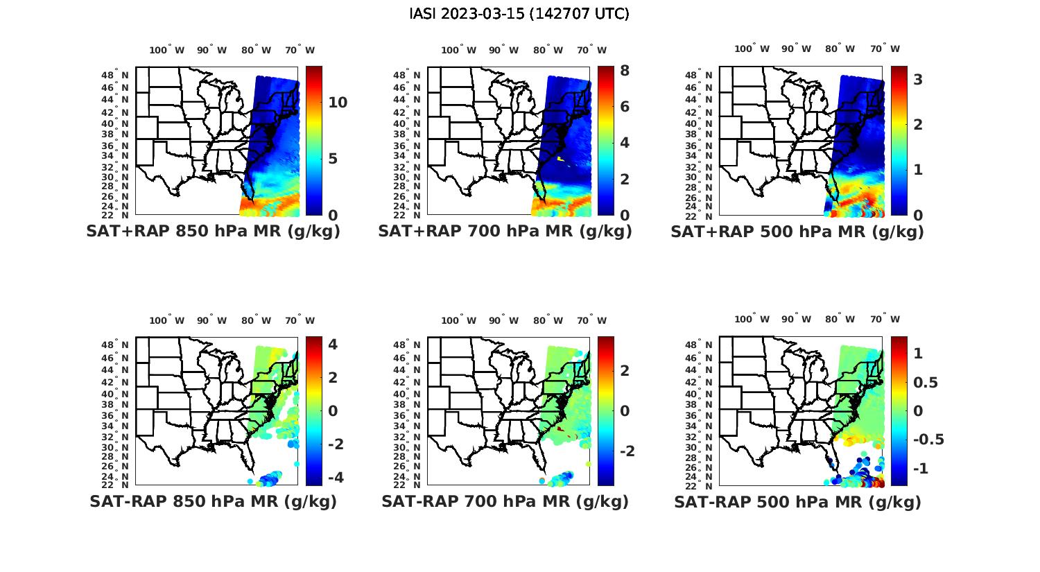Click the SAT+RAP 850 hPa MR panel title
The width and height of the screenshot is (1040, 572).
point(213,232)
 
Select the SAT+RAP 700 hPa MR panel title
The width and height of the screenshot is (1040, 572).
point(505,232)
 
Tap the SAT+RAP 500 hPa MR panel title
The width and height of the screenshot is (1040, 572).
point(797,232)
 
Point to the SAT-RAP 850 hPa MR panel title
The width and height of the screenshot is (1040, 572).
point(213,501)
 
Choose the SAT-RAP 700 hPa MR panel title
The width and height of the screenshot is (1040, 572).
point(505,501)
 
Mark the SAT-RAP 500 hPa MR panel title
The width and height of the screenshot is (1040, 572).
point(797,502)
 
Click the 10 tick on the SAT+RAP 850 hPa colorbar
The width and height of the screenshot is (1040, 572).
point(338,103)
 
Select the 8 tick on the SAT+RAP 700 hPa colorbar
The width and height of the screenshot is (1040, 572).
point(625,71)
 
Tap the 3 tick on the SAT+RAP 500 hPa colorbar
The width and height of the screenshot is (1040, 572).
point(918,80)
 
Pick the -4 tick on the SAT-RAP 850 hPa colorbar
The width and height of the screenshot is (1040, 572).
point(335,477)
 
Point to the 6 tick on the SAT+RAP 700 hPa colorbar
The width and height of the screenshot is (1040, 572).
point(625,107)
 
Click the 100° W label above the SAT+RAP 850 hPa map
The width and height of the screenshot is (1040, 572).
point(167,50)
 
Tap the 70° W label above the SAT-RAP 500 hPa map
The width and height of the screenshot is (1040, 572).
point(885,320)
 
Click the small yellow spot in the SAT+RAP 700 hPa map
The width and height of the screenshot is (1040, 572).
point(560,159)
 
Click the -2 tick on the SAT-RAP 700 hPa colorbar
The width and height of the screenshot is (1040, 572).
point(626,451)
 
